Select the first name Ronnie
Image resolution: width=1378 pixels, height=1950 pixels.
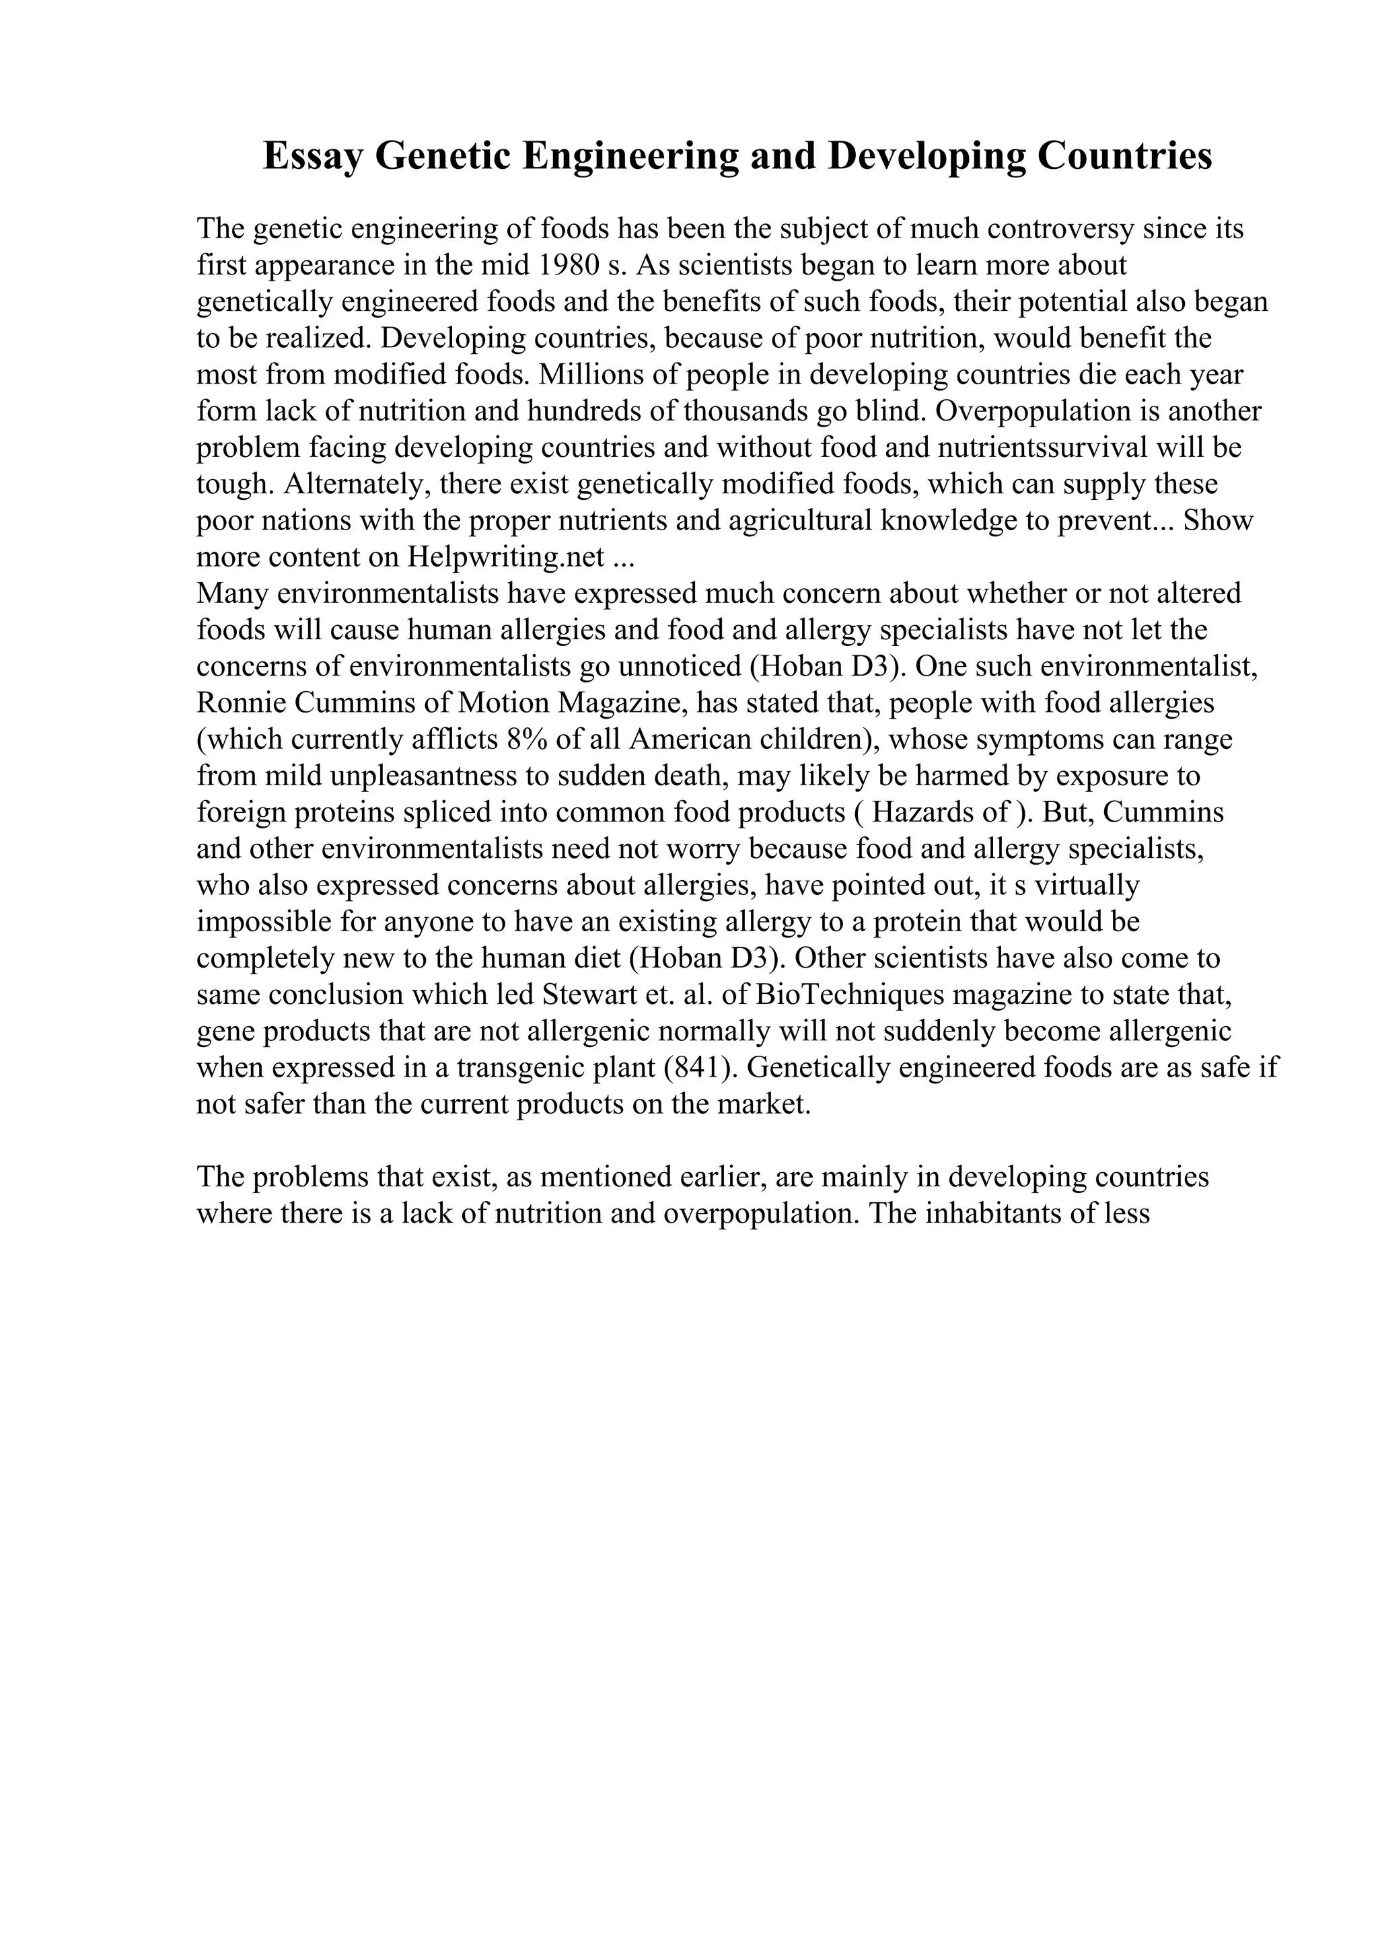point(241,703)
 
